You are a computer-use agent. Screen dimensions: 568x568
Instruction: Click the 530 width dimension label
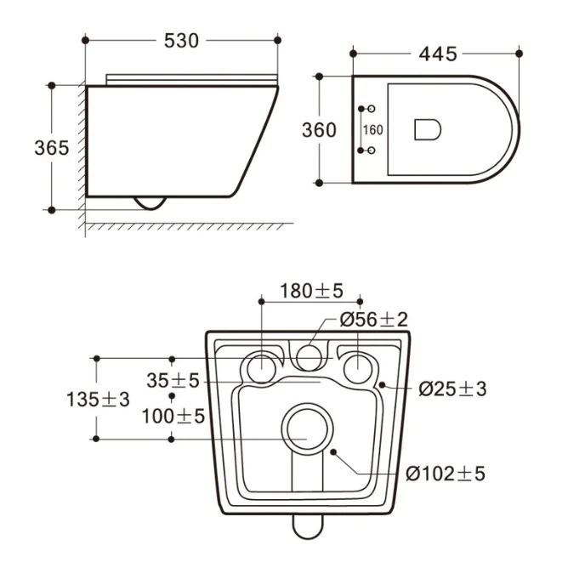181,41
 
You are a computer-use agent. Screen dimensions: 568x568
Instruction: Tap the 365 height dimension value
51,148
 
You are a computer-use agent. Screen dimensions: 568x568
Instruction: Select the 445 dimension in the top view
438,54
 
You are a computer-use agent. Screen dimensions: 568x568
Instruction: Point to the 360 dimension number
319,130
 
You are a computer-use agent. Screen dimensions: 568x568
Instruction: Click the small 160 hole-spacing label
372,130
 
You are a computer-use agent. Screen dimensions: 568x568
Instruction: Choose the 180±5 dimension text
311,291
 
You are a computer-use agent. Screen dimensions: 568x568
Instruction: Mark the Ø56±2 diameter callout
373,320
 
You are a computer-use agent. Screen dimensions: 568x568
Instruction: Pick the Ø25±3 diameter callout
452,389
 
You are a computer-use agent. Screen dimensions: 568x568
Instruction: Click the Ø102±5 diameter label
446,474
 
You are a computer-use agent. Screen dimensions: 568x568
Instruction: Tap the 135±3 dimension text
98,400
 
